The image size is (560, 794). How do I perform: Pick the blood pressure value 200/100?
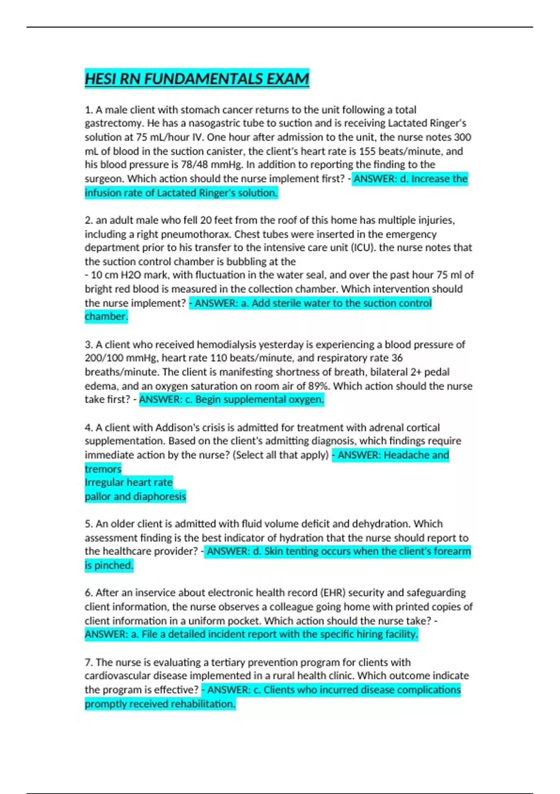103,358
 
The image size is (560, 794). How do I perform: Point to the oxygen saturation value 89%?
318,386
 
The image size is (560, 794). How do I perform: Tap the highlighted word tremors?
103,469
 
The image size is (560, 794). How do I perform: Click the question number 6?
89,593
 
